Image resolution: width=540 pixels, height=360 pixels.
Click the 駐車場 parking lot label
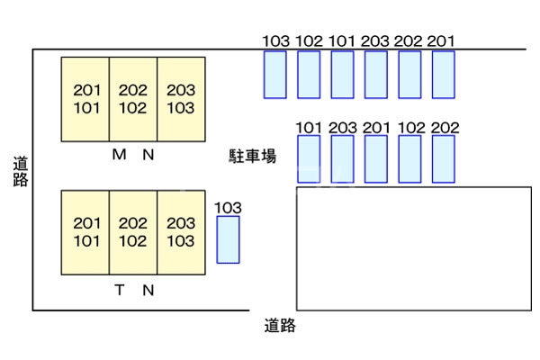tap(252, 156)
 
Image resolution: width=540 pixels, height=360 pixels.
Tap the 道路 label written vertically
tap(21, 171)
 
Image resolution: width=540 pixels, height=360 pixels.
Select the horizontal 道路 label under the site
tap(280, 326)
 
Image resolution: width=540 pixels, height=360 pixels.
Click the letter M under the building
tap(119, 155)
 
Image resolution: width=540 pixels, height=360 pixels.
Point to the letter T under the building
tap(120, 290)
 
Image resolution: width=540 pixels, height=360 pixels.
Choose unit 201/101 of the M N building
tap(85, 100)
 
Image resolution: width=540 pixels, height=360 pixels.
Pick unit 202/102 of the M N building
tap(133, 100)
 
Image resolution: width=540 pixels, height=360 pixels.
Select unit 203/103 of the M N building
tap(181, 100)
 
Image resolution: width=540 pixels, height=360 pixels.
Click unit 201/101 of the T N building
tap(85, 232)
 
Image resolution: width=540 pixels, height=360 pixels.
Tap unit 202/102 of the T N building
tap(133, 232)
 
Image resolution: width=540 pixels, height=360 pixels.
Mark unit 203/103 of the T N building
tap(181, 232)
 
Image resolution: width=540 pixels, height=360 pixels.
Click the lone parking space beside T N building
tap(229, 239)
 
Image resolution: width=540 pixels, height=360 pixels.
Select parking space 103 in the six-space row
tap(275, 74)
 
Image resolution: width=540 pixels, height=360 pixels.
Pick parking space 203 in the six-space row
tap(376, 74)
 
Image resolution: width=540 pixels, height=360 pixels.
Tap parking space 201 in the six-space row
tap(443, 74)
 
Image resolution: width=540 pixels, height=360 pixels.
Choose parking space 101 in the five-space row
tap(309, 158)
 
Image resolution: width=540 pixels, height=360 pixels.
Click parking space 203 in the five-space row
tap(343, 158)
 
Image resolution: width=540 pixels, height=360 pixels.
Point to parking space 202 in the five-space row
tap(444, 158)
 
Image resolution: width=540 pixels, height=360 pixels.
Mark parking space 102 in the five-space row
tap(410, 158)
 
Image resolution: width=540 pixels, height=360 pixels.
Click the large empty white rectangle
tap(413, 248)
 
